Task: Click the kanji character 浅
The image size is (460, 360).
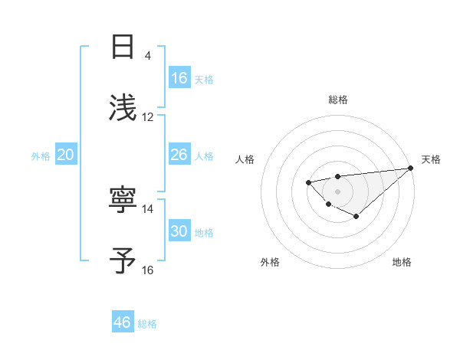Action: pos(123,107)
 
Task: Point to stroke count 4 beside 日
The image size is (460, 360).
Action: pos(148,56)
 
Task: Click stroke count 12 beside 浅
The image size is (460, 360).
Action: pos(148,117)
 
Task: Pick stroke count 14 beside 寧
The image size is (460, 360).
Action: pos(148,208)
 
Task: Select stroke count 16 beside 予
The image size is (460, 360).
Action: pos(148,270)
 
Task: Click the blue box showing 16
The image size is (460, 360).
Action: pos(179,78)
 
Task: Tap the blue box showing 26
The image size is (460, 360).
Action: pos(179,155)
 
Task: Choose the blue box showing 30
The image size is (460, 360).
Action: pos(179,231)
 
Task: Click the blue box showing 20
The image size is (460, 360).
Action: pos(66,155)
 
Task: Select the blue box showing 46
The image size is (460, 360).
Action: pos(123,322)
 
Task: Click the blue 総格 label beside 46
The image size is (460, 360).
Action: pos(147,324)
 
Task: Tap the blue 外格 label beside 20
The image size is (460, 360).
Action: pos(41,156)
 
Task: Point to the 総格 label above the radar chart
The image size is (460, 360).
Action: pos(338,100)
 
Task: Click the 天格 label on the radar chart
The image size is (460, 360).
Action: pos(431,159)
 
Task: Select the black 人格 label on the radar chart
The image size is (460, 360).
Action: pos(245,159)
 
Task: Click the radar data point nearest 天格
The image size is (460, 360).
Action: pos(411,168)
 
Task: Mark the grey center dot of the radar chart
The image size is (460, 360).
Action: pos(337,191)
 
